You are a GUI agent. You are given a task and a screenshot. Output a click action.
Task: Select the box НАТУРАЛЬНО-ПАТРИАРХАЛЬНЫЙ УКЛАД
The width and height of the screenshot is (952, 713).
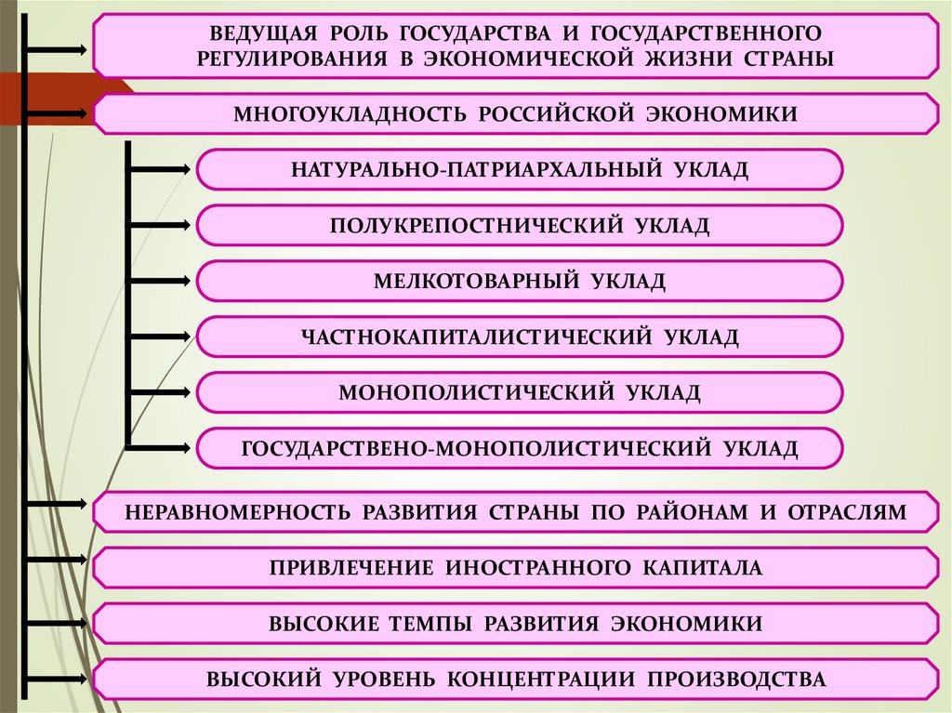tap(520, 169)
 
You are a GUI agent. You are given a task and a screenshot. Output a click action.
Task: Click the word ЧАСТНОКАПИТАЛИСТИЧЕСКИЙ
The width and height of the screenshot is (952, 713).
tap(474, 337)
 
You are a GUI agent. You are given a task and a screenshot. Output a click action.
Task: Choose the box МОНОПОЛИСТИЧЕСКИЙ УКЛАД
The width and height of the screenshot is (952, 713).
tap(520, 392)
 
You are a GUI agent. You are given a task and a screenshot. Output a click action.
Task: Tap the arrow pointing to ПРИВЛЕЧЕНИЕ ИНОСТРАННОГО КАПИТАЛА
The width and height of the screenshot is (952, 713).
tap(58, 560)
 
